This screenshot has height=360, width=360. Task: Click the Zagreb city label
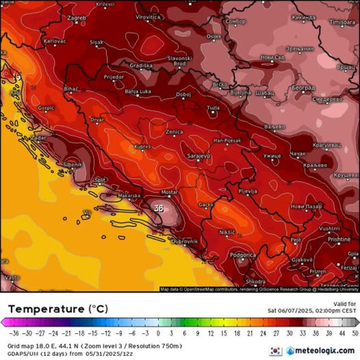(x=77, y=18)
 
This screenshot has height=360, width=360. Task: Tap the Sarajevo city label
(x=198, y=156)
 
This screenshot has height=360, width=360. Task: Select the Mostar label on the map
(x=170, y=192)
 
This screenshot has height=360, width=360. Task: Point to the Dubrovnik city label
(x=185, y=242)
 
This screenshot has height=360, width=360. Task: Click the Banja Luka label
(x=138, y=91)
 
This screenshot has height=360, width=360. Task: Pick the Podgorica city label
(x=243, y=255)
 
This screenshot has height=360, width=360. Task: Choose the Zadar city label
(x=39, y=137)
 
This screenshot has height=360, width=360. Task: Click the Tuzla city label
(x=213, y=108)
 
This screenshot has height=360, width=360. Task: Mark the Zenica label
(x=174, y=132)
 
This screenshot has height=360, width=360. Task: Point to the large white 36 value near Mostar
(x=159, y=208)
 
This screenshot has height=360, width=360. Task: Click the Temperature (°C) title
(x=58, y=309)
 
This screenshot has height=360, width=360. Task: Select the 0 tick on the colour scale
(x=158, y=333)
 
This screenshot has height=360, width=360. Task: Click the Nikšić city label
(x=227, y=232)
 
